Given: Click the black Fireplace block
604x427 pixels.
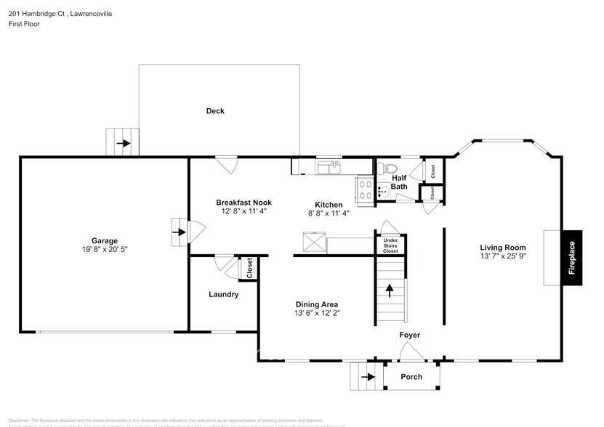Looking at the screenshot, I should click(571, 259).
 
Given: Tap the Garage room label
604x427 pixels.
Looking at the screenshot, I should click(104, 240).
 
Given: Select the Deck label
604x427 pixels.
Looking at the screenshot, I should click(215, 111).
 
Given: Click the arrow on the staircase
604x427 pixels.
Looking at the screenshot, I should click(390, 290).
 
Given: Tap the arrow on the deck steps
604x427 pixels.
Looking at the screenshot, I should click(123, 143).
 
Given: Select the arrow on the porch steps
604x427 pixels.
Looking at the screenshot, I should click(367, 376).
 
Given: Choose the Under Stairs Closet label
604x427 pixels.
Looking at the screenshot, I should click(390, 245).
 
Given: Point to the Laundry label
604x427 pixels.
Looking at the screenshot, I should click(223, 294).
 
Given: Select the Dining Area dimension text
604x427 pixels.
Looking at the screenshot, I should click(317, 313).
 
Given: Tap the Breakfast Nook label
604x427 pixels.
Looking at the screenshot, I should click(243, 203).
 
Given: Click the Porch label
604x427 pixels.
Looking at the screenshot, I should click(411, 377).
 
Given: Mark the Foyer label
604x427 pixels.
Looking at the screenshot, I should click(410, 335).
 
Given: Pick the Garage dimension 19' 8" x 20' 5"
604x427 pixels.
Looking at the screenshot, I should click(104, 249).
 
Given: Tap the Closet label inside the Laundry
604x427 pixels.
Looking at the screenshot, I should click(249, 268).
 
